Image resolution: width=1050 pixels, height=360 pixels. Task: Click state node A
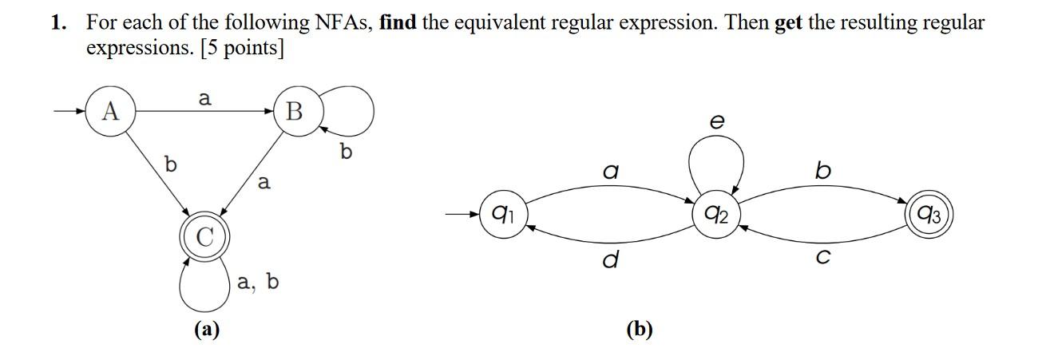[110, 112]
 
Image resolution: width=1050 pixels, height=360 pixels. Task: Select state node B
[295, 112]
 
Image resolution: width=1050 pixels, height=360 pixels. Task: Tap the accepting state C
[205, 236]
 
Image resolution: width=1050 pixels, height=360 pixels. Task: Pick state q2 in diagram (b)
[717, 214]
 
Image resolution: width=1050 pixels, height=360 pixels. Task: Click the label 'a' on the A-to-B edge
[204, 98]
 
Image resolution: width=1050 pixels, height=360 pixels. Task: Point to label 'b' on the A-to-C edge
[169, 165]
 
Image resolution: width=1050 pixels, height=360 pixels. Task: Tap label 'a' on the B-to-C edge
[264, 183]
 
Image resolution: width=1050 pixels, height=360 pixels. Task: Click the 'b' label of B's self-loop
[346, 151]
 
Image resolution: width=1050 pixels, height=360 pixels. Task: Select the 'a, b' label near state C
[258, 282]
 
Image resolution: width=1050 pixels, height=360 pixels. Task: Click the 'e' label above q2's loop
[717, 121]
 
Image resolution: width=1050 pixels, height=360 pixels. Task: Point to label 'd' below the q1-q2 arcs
[611, 260]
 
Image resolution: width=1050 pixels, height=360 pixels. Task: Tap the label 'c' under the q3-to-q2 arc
[825, 258]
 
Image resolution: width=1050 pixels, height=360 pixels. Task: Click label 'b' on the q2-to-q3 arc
[823, 170]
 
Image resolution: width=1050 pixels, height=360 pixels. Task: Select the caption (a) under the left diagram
[207, 329]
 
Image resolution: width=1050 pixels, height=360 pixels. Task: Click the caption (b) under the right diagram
[640, 329]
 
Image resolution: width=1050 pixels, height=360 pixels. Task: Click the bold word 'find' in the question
[398, 22]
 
